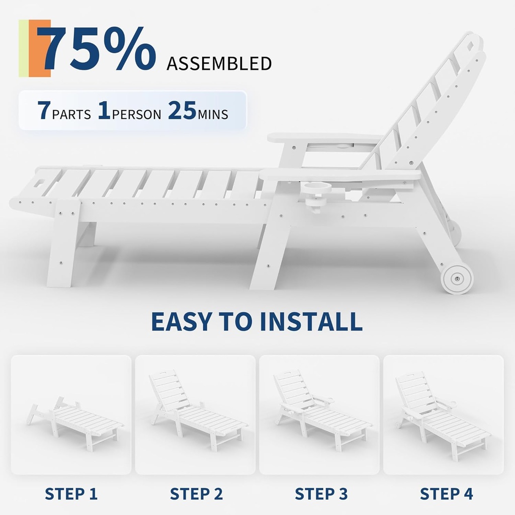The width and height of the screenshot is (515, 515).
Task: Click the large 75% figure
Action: tap(96, 49)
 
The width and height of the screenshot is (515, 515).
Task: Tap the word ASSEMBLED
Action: tap(219, 64)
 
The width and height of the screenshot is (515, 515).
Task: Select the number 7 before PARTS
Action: tap(43, 110)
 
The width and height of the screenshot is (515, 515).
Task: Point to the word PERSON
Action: tap(137, 114)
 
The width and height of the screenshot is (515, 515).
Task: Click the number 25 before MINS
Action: tap(182, 110)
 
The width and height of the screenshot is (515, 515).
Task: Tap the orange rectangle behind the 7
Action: tap(39, 48)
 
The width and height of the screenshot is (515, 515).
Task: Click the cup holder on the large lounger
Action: tap(315, 197)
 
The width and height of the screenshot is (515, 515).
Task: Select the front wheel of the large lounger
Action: tap(457, 279)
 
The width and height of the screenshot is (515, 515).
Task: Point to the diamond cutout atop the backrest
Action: tap(471, 46)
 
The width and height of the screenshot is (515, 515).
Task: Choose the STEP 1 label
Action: tap(71, 494)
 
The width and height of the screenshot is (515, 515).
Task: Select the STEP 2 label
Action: tap(197, 494)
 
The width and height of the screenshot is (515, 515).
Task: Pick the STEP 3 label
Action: tap(321, 494)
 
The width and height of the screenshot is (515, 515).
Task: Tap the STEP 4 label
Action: tap(447, 494)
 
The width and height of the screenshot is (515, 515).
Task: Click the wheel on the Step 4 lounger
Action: tap(399, 424)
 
